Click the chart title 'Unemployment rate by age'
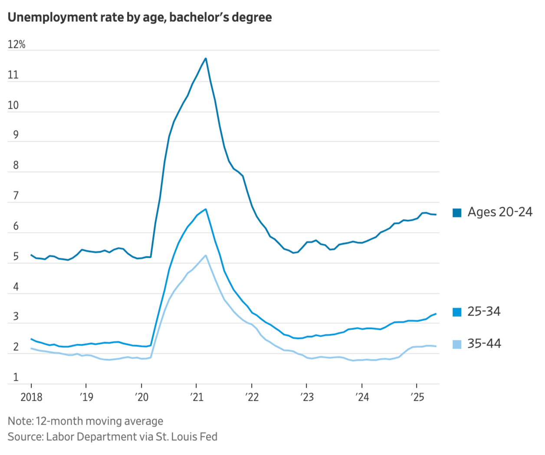pyautogui.click(x=140, y=17)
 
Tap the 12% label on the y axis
pyautogui.click(x=16, y=45)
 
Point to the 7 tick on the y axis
pyautogui.click(x=16, y=196)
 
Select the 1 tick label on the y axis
pyautogui.click(x=16, y=377)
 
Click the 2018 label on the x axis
pyautogui.click(x=31, y=397)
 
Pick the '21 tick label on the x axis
pyautogui.click(x=197, y=397)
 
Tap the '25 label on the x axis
pyautogui.click(x=417, y=397)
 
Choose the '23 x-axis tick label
pyautogui.click(x=307, y=397)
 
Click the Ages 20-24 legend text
pyautogui.click(x=500, y=212)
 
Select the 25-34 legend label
pyautogui.click(x=484, y=312)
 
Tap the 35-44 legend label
pyautogui.click(x=484, y=344)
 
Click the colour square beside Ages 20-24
pyautogui.click(x=457, y=213)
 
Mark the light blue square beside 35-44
pyautogui.click(x=457, y=344)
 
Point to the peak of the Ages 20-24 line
pyautogui.click(x=206, y=58)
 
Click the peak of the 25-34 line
pyautogui.click(x=206, y=209)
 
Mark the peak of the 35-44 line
pyautogui.click(x=206, y=255)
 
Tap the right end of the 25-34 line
pyautogui.click(x=436, y=314)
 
